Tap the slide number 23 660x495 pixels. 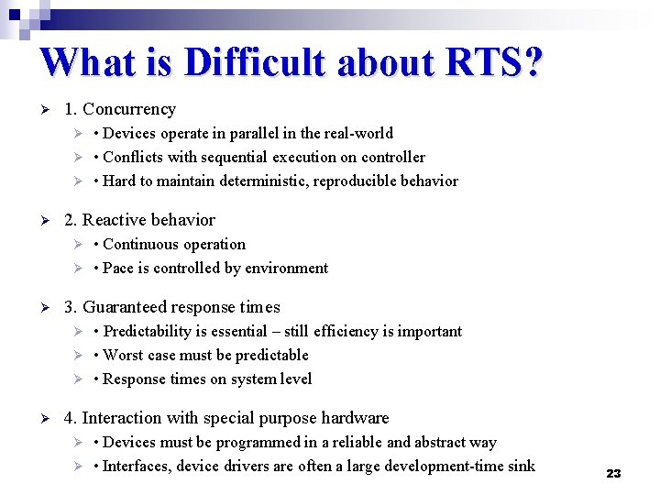coord(613,473)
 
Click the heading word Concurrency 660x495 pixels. coord(129,109)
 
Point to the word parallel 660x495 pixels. coord(258,133)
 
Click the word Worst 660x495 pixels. coord(124,355)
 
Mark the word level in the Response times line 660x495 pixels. coord(295,379)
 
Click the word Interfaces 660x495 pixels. coord(139,466)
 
